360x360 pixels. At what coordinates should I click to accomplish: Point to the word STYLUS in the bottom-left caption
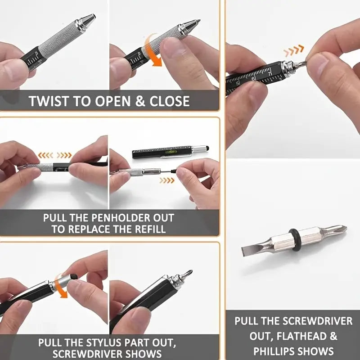[97, 342]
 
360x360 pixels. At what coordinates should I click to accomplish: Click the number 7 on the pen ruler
[269, 72]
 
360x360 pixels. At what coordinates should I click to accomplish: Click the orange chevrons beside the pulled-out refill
[167, 180]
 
